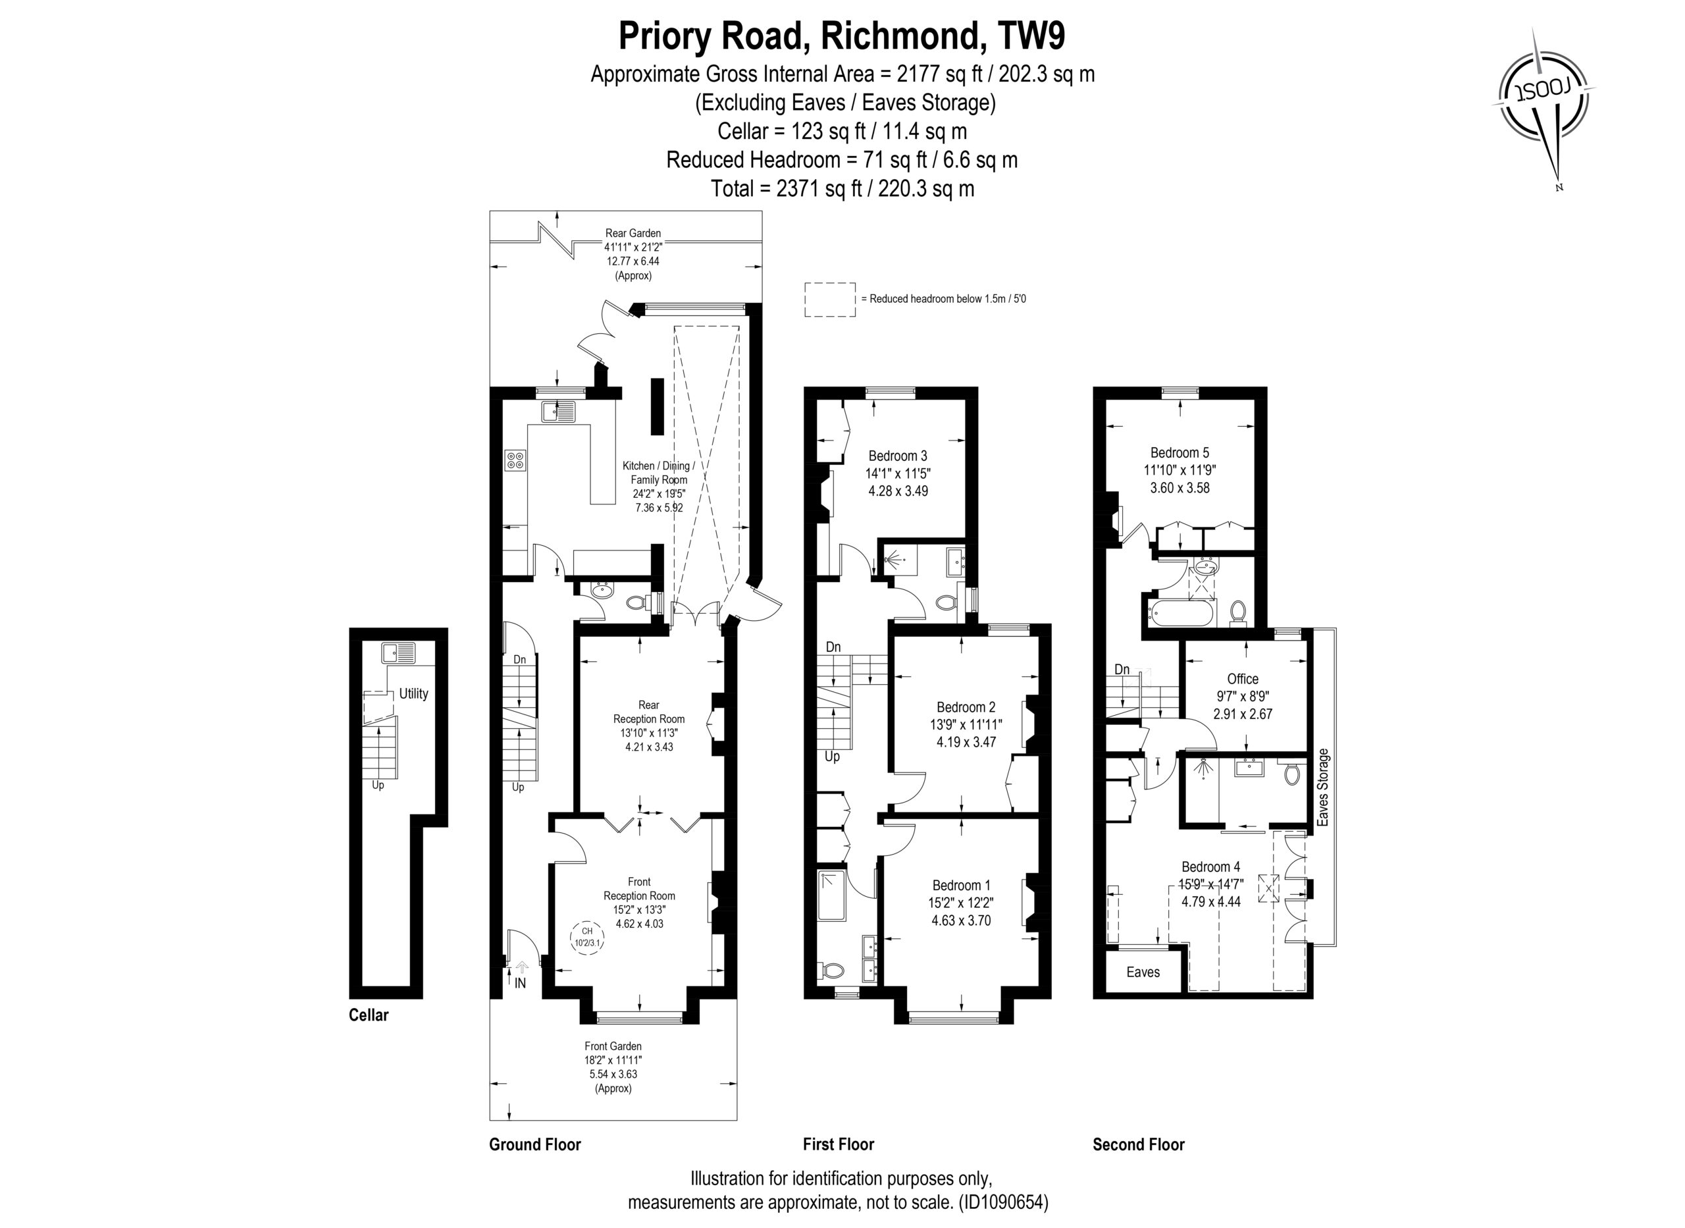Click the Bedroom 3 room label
point(898,456)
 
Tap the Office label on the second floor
point(1243,679)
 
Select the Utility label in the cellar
point(414,693)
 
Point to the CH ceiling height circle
point(587,936)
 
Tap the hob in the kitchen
point(515,460)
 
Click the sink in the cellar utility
point(400,653)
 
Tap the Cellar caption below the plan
point(369,1015)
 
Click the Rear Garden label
point(633,233)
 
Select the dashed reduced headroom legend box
point(830,300)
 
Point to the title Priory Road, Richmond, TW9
point(842,36)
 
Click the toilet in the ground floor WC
point(636,602)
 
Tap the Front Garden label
point(613,1046)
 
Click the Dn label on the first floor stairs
point(833,647)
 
